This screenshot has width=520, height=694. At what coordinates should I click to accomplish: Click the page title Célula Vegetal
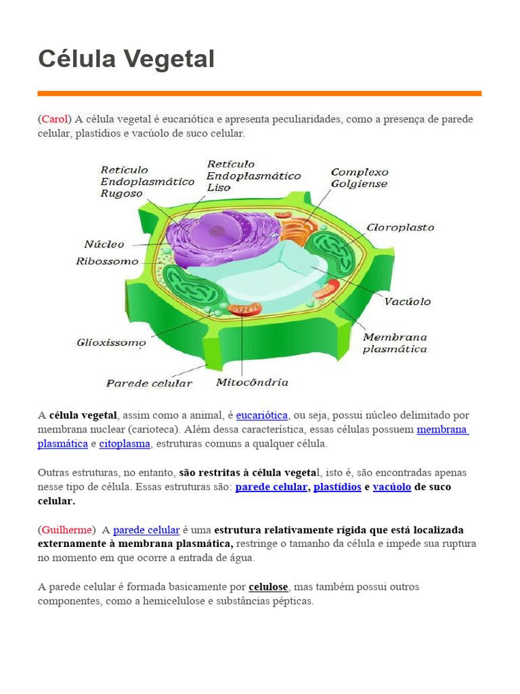pyautogui.click(x=126, y=59)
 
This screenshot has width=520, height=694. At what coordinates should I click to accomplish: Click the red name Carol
pyautogui.click(x=55, y=119)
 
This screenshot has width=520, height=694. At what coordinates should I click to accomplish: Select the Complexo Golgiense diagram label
pyautogui.click(x=360, y=178)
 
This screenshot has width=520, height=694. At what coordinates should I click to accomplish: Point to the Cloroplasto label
pyautogui.click(x=400, y=228)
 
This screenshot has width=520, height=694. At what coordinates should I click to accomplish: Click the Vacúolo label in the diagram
pyautogui.click(x=407, y=302)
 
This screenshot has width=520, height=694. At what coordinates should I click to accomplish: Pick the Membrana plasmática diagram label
pyautogui.click(x=395, y=343)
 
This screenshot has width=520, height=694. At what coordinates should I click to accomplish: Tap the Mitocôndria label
pyautogui.click(x=252, y=382)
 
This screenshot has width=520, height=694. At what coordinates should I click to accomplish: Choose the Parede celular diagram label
pyautogui.click(x=149, y=384)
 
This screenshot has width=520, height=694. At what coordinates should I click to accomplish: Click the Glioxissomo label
pyautogui.click(x=111, y=343)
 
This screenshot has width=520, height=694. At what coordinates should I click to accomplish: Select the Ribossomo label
pyautogui.click(x=107, y=262)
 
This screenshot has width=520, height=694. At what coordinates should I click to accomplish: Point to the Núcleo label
pyautogui.click(x=104, y=245)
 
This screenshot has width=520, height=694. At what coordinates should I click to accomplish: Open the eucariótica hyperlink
pyautogui.click(x=262, y=415)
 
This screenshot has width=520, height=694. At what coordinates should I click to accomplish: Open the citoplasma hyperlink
pyautogui.click(x=125, y=444)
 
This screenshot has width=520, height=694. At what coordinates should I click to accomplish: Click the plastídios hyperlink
pyautogui.click(x=337, y=487)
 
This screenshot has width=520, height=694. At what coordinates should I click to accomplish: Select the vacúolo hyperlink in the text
pyautogui.click(x=392, y=487)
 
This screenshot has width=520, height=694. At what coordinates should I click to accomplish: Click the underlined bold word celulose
pyautogui.click(x=269, y=587)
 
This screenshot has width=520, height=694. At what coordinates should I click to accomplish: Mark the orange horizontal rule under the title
pyautogui.click(x=259, y=94)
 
